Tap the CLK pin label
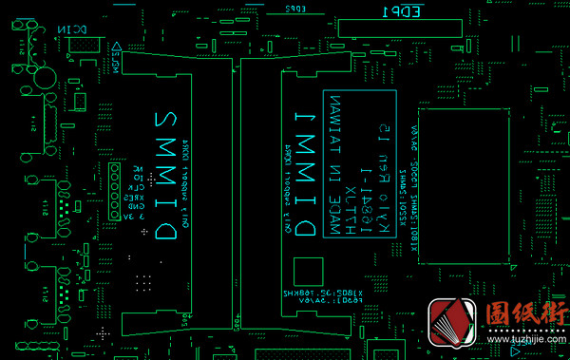click(137, 185)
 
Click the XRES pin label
click(135, 196)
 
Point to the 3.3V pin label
click(135, 217)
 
